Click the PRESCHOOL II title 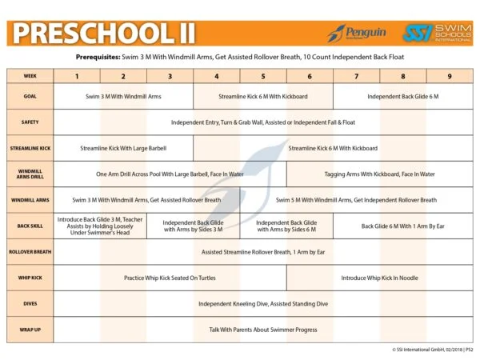[98, 32]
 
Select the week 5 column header [263, 76]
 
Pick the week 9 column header [450, 76]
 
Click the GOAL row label [30, 97]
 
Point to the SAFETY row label [30, 122]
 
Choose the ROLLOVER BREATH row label [30, 251]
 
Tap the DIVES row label [30, 303]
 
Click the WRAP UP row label [30, 329]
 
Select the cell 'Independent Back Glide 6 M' [402, 97]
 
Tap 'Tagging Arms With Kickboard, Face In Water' [379, 174]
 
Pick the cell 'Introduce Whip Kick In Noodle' [379, 278]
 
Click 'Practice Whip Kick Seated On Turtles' [170, 278]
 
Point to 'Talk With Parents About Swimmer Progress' [263, 329]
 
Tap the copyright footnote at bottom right [426, 350]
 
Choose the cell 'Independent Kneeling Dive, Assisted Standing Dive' [263, 303]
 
